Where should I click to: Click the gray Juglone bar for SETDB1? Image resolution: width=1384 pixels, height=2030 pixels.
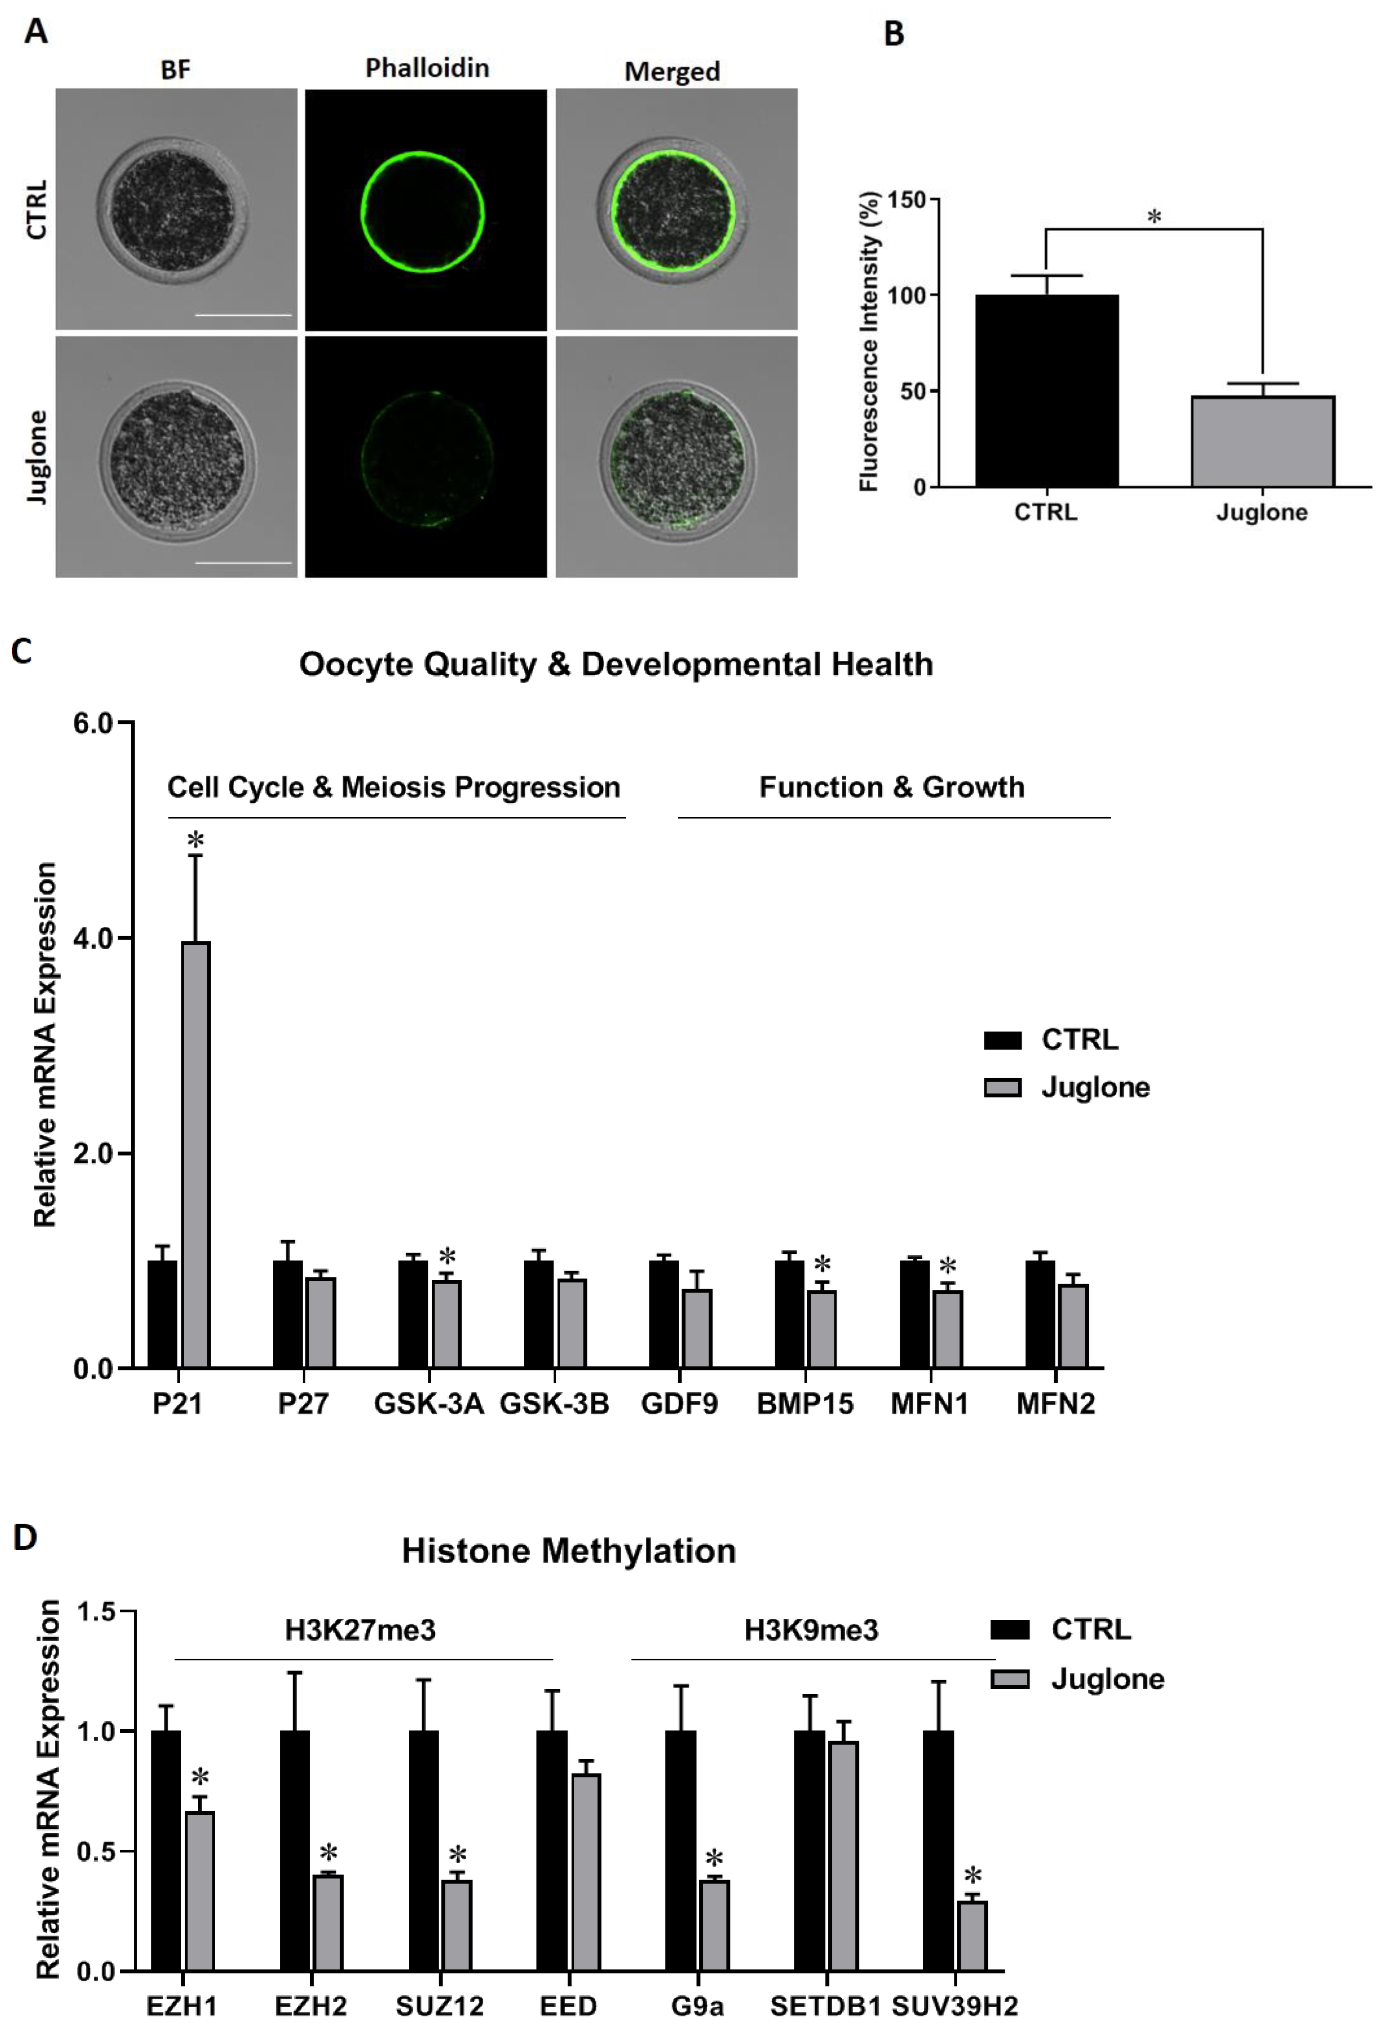(843, 1855)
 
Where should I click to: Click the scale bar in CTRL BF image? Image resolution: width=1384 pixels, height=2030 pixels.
(243, 314)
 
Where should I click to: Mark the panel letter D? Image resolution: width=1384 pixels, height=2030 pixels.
(25, 1536)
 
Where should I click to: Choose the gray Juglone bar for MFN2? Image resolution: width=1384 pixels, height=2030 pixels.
(1073, 1325)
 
